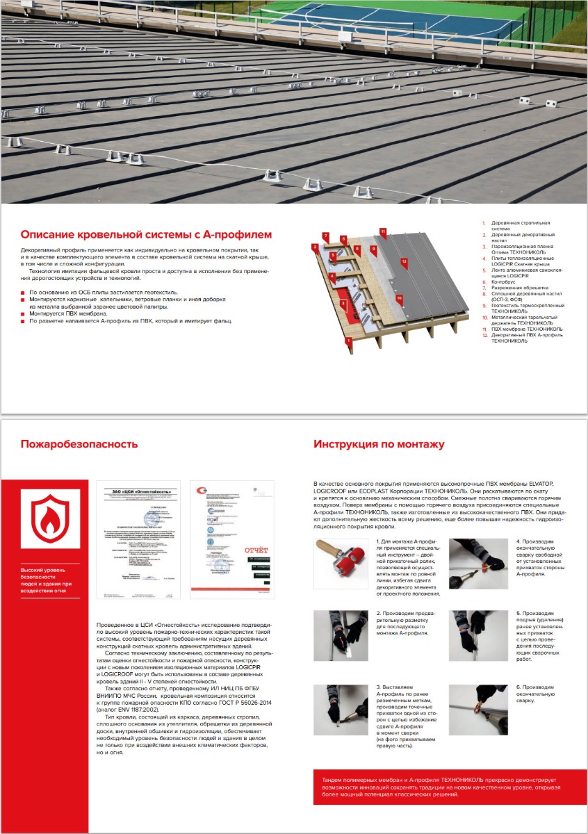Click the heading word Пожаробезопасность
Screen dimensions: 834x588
tap(79, 444)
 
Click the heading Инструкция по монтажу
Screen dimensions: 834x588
tap(379, 444)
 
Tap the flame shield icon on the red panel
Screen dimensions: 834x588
tap(50, 519)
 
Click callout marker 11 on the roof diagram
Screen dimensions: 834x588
tap(382, 231)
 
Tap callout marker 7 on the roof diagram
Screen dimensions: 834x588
tap(325, 236)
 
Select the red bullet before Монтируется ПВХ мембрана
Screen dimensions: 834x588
tap(23, 314)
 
